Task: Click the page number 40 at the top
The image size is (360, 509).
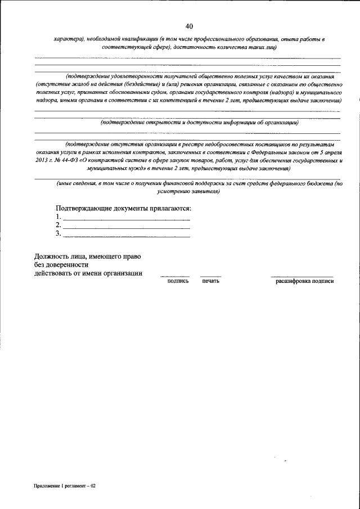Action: point(188,26)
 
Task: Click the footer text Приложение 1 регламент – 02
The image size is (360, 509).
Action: point(65,485)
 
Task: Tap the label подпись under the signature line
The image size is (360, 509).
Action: point(178,281)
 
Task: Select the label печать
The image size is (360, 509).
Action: point(210,281)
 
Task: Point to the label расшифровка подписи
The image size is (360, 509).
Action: point(304,281)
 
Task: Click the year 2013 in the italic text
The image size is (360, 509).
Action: point(43,160)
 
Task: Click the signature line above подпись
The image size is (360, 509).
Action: point(175,276)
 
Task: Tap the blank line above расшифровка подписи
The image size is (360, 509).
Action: point(302,276)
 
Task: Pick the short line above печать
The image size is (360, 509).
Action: point(211,276)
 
